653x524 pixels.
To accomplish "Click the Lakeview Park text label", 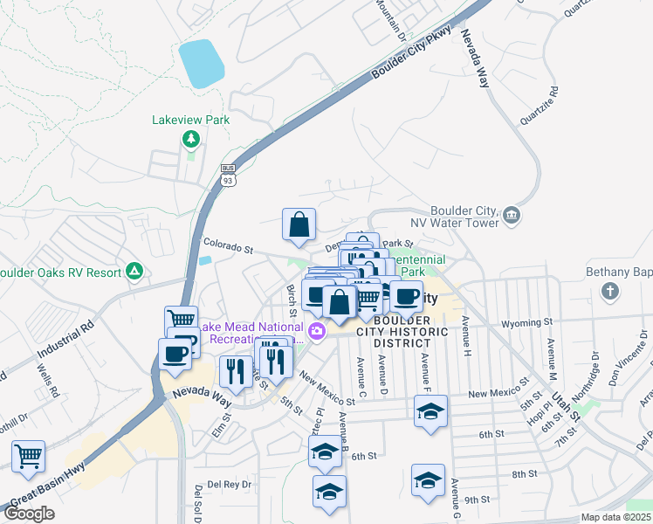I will [189, 119].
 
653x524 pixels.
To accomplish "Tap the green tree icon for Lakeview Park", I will [189, 139].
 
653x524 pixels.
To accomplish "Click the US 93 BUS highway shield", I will [228, 174].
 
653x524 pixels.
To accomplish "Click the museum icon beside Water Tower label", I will [512, 214].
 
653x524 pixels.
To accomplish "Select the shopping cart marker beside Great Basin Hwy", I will [29, 456].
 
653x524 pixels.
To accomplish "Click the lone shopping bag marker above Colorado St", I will [299, 224].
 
